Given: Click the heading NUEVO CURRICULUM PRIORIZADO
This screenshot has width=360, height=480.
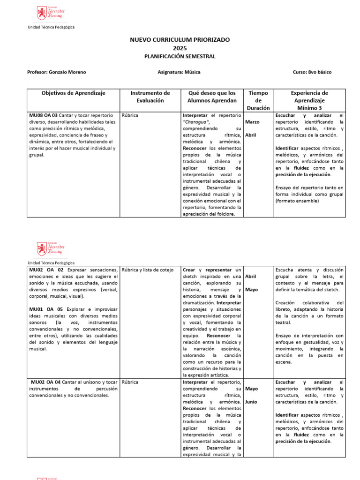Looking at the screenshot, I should pyautogui.click(x=180, y=40).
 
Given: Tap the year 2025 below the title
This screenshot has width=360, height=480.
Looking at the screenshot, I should pyautogui.click(x=180, y=48).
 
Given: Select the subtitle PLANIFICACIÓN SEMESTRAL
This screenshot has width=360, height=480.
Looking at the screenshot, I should pyautogui.click(x=180, y=56).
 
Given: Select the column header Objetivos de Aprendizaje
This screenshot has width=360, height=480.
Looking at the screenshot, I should pyautogui.click(x=74, y=93).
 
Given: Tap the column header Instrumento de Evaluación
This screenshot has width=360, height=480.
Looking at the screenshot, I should pyautogui.click(x=150, y=97).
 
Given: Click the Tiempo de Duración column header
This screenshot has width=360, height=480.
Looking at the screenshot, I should pyautogui.click(x=258, y=100).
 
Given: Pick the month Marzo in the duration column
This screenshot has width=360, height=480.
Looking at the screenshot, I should pyautogui.click(x=252, y=122).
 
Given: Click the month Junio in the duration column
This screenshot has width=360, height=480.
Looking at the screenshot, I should pyautogui.click(x=251, y=402).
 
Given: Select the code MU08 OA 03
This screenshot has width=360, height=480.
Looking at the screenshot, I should pyautogui.click(x=44, y=115).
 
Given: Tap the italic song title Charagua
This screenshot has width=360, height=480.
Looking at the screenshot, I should pyautogui.click(x=195, y=122).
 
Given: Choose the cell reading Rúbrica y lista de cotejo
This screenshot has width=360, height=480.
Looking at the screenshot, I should pyautogui.click(x=147, y=270).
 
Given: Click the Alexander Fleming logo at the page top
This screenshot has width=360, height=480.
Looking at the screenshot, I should pyautogui.click(x=51, y=13).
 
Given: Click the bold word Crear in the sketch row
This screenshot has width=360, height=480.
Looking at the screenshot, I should pyautogui.click(x=189, y=270).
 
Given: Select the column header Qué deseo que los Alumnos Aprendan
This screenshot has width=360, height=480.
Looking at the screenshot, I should pyautogui.click(x=212, y=97).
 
